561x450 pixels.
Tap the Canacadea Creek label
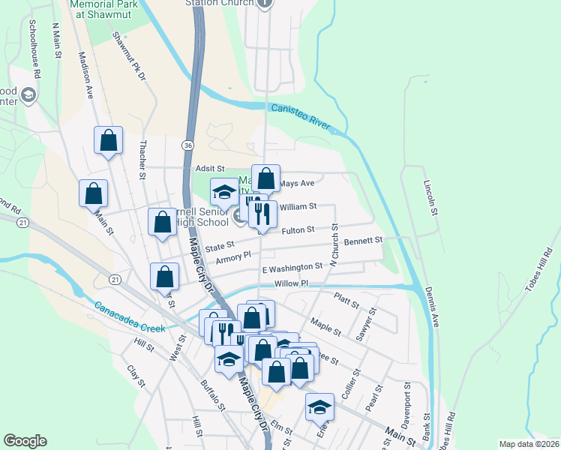pos(129,317)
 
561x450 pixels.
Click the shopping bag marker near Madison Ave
pos(108,140)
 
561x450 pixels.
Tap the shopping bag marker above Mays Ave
pos(265,179)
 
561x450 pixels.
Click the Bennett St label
pos(364,241)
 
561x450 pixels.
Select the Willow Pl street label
pos(292,283)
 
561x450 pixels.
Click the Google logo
pos(25,441)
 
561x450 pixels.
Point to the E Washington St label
pos(292,267)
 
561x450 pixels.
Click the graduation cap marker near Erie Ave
pos(319,406)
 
